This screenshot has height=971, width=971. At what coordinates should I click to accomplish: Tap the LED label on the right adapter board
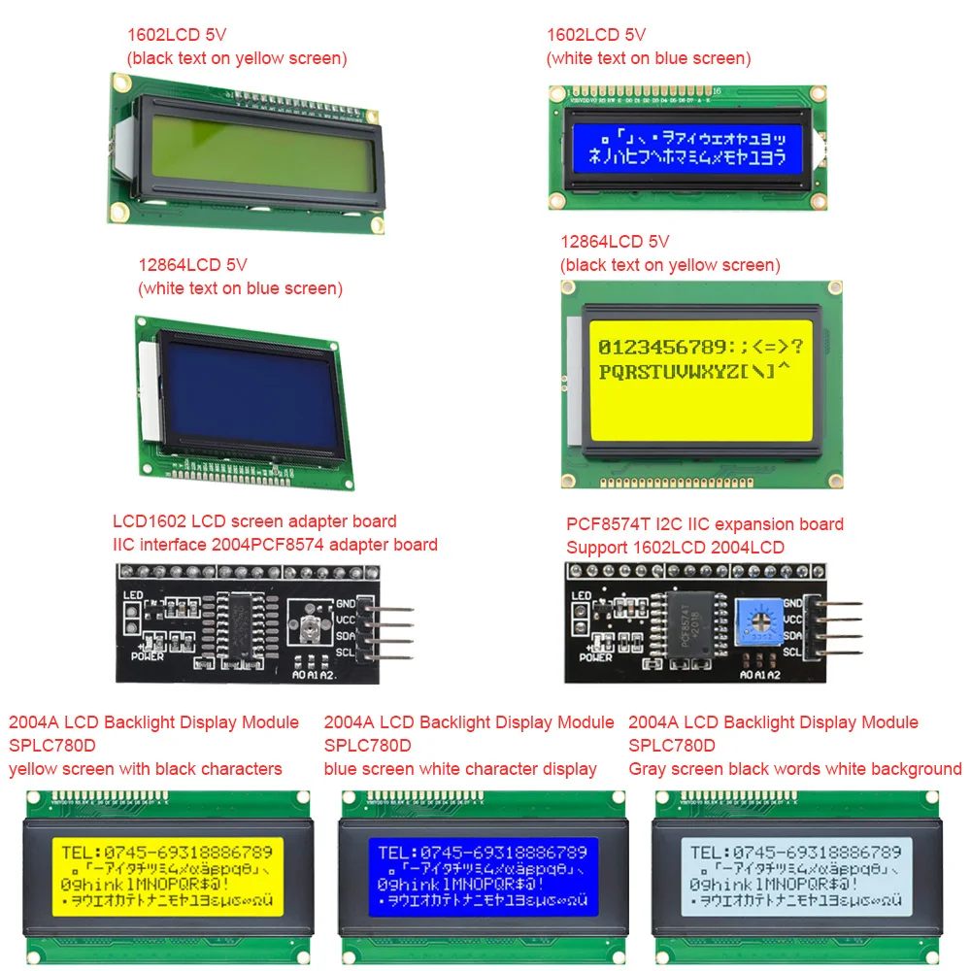click(582, 596)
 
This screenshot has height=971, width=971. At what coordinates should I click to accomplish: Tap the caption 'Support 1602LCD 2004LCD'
click(675, 547)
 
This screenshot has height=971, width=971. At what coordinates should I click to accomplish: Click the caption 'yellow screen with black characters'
click(146, 769)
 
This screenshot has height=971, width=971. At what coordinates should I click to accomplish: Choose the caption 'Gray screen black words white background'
click(794, 769)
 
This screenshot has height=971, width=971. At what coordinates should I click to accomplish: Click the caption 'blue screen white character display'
click(460, 769)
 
